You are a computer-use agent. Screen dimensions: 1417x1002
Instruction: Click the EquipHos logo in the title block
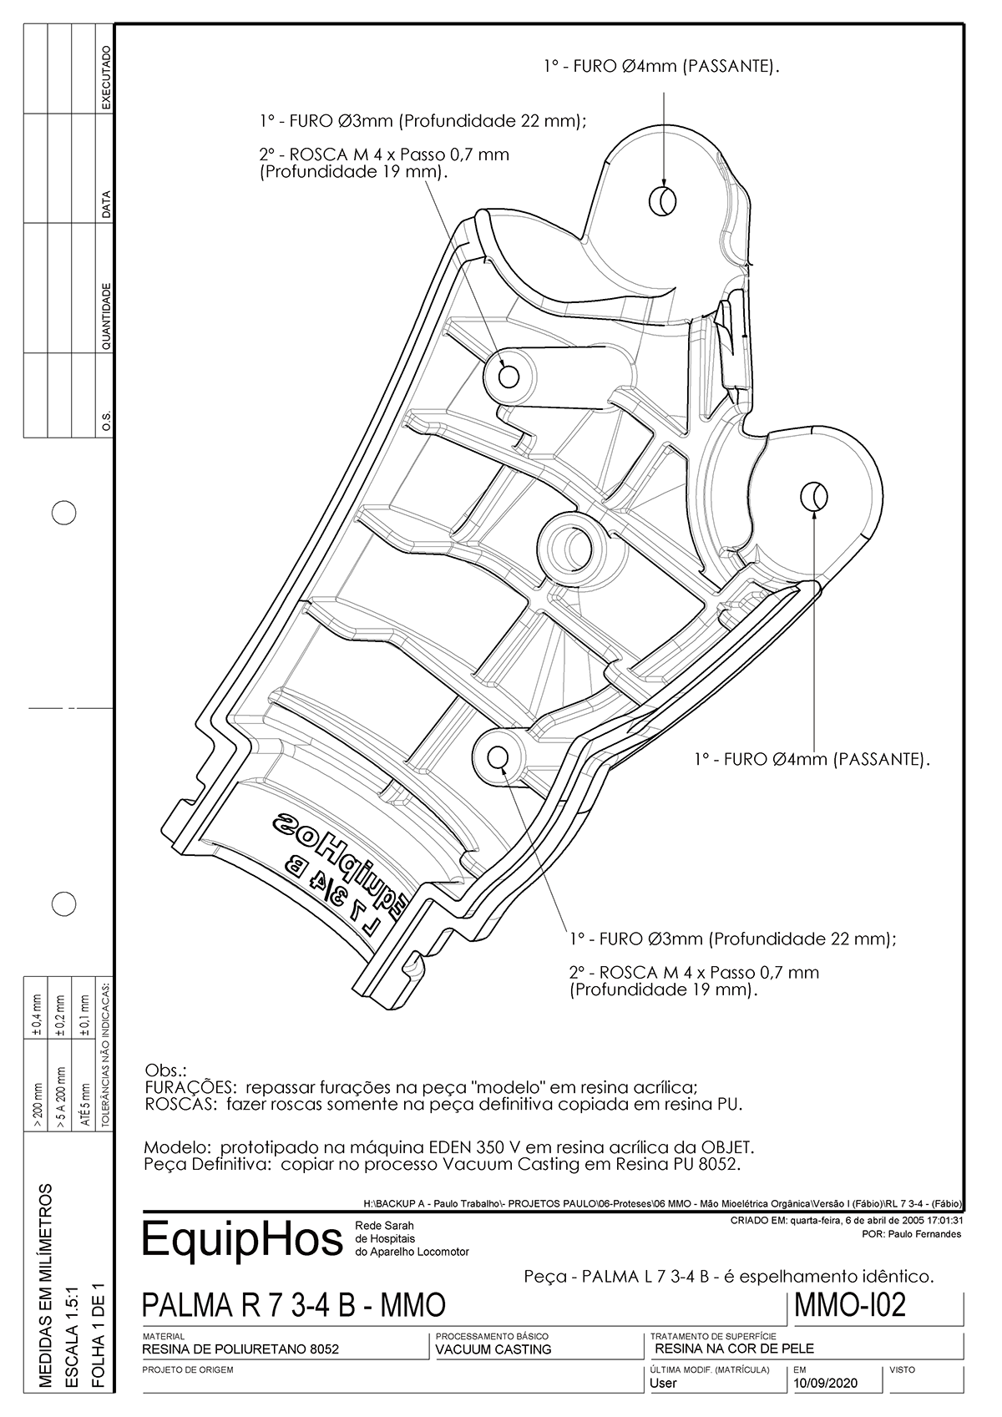[242, 1239]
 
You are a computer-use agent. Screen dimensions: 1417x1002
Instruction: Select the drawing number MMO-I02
[849, 1305]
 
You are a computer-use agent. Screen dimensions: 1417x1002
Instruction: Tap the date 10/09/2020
[826, 1383]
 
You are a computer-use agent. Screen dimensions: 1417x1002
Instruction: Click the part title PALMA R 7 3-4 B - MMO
[294, 1306]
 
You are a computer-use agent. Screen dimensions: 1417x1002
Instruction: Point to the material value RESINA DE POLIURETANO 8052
[240, 1349]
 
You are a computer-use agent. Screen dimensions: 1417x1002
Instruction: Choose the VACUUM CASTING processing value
[493, 1349]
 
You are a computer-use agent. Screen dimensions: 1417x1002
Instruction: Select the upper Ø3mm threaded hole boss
[508, 376]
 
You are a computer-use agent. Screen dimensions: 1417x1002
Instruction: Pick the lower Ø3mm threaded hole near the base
[498, 757]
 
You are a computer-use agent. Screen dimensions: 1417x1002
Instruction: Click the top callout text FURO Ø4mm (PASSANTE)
[661, 66]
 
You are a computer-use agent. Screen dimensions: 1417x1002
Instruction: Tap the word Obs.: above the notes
[165, 1070]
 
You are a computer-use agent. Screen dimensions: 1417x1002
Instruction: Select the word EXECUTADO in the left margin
[106, 79]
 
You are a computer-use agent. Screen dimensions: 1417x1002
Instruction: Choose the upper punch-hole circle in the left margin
[64, 513]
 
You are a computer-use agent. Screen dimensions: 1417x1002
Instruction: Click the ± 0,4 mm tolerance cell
[35, 1011]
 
